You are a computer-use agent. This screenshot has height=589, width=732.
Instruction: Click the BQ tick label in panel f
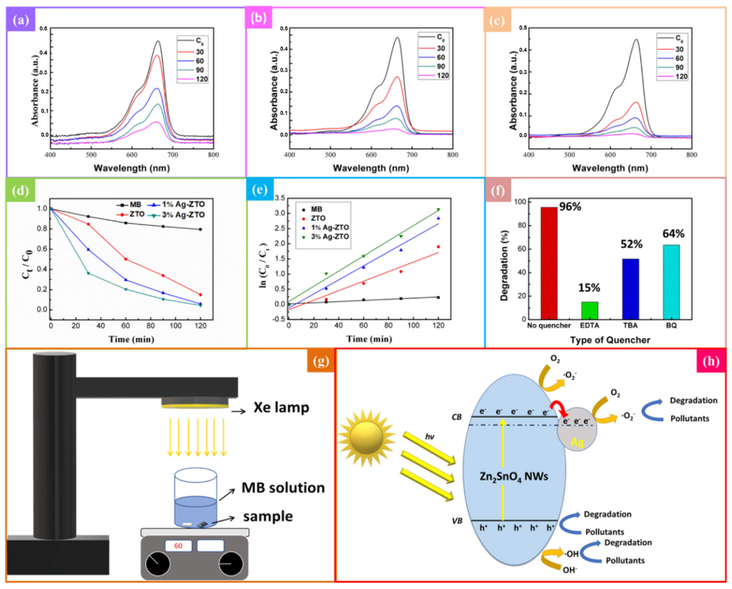click(671, 325)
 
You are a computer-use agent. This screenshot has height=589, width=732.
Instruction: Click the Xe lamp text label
click(281, 407)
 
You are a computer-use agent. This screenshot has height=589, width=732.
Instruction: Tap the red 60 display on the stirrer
click(178, 546)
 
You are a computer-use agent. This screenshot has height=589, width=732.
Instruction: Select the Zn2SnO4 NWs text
click(514, 477)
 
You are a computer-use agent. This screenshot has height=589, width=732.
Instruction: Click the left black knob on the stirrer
click(158, 564)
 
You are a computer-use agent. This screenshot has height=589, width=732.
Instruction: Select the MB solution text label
click(283, 488)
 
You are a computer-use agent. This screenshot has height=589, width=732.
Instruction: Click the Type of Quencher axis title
click(610, 340)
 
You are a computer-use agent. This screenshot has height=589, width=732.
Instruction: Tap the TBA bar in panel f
click(630, 289)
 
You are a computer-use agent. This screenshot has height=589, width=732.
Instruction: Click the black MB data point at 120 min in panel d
click(200, 229)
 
